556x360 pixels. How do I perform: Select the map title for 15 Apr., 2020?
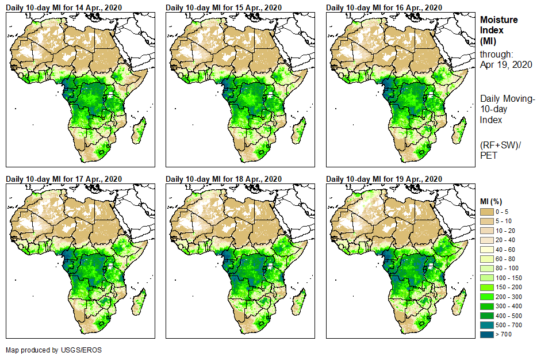(224, 7)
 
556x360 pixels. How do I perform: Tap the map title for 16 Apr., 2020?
(384, 7)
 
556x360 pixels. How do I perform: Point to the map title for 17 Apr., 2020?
(64, 179)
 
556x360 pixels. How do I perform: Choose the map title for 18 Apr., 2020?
(224, 179)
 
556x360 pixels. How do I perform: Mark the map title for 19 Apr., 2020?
(384, 179)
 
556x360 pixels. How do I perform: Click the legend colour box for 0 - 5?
(486, 212)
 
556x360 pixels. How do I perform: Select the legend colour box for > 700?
(486, 334)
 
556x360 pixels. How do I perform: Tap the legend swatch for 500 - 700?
(486, 325)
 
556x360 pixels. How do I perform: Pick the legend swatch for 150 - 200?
(486, 287)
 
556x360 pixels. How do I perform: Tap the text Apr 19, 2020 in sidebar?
(506, 64)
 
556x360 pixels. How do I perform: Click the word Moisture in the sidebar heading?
(499, 20)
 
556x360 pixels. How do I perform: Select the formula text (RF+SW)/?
(500, 144)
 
